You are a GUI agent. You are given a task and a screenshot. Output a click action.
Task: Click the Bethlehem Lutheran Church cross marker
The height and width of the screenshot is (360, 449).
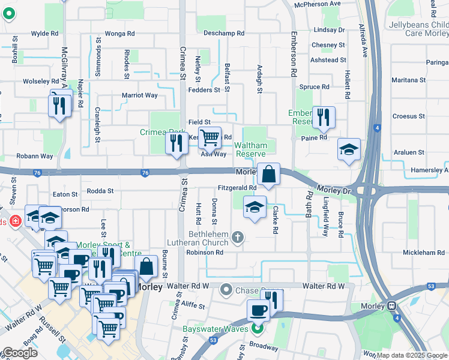238,238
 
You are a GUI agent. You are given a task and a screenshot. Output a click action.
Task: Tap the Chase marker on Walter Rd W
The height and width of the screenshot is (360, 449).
226,290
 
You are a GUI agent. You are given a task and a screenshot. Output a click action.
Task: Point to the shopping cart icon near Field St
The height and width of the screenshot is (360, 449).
209,137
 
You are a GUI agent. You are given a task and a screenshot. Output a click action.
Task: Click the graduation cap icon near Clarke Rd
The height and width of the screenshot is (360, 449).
255,207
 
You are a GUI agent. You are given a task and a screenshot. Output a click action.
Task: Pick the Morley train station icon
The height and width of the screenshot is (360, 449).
393,305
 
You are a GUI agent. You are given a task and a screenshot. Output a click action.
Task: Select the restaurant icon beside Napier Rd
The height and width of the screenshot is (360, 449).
59,106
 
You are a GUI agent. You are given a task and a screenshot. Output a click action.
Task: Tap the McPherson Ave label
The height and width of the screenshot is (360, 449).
317,4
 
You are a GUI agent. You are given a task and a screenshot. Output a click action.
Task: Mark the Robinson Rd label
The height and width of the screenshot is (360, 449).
205,253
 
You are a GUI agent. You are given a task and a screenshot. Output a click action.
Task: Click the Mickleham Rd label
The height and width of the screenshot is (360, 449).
424,253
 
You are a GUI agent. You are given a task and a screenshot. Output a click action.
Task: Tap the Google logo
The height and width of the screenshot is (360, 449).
20,353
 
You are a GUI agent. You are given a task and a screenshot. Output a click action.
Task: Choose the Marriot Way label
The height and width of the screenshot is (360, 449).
140,95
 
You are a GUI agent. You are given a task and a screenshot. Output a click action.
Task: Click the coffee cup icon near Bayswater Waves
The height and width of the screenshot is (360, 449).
259,310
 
